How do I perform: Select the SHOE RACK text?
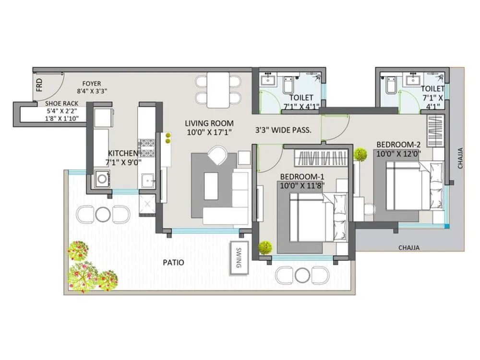[61, 104]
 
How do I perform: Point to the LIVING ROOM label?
[209, 123]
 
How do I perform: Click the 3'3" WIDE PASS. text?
[283, 130]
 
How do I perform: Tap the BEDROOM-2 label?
[398, 144]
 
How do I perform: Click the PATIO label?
[173, 263]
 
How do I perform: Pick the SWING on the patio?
[239, 260]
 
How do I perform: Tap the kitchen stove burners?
[146, 148]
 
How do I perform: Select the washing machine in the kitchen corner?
[102, 179]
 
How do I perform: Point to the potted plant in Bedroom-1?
[265, 247]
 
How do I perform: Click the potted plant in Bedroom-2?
[360, 154]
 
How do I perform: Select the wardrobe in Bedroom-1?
[321, 157]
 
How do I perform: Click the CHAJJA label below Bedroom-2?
[409, 248]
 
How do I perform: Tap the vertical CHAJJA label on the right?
[459, 158]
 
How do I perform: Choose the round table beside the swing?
[302, 275]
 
